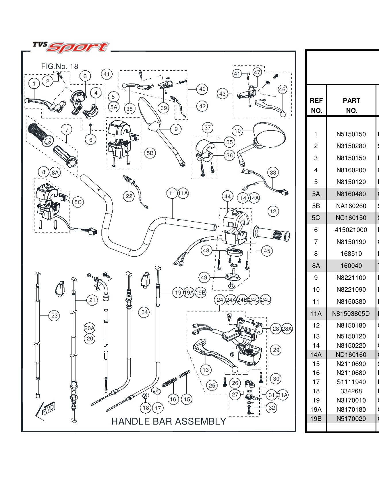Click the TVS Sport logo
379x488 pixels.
click(x=71, y=47)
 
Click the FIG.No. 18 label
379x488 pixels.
click(x=59, y=67)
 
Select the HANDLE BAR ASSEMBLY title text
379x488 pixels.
click(x=169, y=421)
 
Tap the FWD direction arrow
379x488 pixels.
click(x=45, y=410)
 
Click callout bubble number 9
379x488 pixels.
click(x=176, y=129)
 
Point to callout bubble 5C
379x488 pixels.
click(x=78, y=202)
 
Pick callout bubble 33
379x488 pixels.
click(x=273, y=173)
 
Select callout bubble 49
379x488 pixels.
click(x=204, y=277)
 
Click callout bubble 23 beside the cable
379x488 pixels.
click(x=54, y=316)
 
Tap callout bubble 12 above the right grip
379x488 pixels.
click(x=273, y=212)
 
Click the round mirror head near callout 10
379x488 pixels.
click(x=270, y=135)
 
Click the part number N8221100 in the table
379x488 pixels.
click(x=351, y=278)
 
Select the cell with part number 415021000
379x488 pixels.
click(x=351, y=230)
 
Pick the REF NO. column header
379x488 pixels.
click(x=316, y=105)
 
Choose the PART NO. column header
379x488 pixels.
click(x=351, y=105)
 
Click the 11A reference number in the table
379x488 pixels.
click(x=316, y=313)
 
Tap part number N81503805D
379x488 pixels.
click(x=351, y=313)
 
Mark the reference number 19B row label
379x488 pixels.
click(x=316, y=419)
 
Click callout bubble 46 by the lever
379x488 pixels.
click(x=282, y=89)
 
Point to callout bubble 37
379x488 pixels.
click(x=208, y=127)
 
